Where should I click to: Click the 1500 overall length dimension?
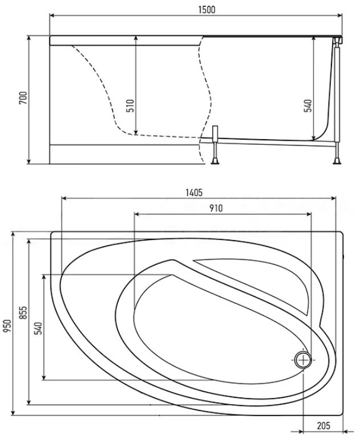point(207,10)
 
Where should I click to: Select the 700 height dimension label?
point(23,97)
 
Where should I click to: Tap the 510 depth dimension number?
point(130,105)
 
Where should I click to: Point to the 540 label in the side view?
point(308,105)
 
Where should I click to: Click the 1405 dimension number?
point(194,192)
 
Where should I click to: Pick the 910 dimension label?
point(216,208)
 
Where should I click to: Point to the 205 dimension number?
point(323,425)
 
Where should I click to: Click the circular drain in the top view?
point(303,360)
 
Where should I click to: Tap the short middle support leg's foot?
point(215,161)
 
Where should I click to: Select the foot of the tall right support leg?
point(337,161)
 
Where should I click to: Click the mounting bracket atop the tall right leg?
point(338,41)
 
